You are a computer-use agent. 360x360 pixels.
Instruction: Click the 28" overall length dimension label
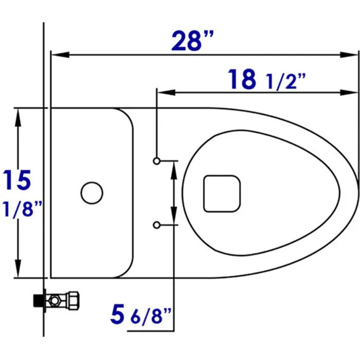coord(192,41)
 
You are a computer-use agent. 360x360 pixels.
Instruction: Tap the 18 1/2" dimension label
coord(266,79)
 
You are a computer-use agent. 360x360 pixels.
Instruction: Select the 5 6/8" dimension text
coord(141,314)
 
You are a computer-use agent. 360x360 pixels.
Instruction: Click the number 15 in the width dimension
coord(16,180)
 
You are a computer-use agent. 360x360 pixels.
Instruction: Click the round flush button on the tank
coord(92,193)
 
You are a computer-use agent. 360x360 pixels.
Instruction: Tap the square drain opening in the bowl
coord(222,193)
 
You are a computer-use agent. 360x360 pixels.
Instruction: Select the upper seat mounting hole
coord(156,161)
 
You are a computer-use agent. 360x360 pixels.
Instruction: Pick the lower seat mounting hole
coord(156,225)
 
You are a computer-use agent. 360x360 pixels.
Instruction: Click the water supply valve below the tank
coord(57,300)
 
